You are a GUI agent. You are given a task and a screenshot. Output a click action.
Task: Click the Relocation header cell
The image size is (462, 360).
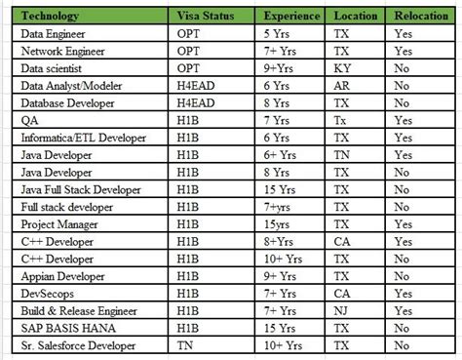tap(417, 15)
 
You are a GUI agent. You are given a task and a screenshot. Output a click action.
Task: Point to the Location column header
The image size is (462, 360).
tap(356, 15)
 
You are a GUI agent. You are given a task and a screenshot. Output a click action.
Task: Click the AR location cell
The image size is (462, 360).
tap(342, 86)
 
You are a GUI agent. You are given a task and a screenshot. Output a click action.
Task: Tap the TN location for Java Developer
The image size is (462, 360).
tap(342, 155)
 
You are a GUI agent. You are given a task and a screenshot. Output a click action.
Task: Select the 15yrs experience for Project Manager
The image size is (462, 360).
tap(282, 223)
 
